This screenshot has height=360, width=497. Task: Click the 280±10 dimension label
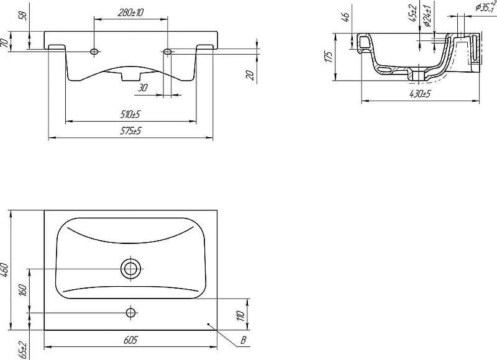click(x=130, y=12)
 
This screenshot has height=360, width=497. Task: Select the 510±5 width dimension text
click(x=130, y=114)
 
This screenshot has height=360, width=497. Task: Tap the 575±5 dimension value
click(x=130, y=131)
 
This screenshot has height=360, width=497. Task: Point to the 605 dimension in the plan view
click(x=130, y=340)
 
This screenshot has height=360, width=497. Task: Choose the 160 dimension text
click(x=23, y=290)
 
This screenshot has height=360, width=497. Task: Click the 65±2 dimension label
click(x=23, y=350)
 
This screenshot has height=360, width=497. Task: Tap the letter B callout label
click(x=243, y=340)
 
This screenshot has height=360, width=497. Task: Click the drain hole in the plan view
click(x=130, y=269)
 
